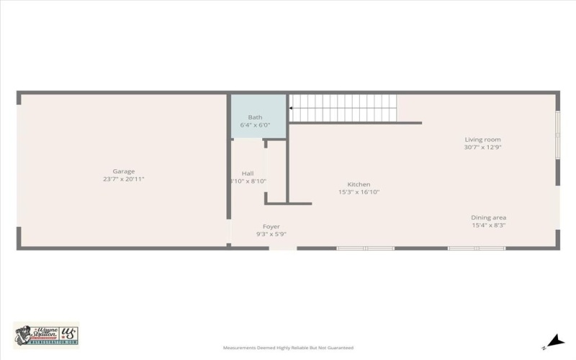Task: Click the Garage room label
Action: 123,171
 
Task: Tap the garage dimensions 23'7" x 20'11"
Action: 123,179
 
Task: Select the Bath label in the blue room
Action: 255,117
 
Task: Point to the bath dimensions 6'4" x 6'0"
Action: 255,125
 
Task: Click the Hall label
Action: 248,174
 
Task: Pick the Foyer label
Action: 271,227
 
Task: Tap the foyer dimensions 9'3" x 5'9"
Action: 271,235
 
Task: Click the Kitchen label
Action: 359,184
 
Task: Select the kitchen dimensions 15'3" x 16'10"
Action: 359,192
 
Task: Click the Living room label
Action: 482,140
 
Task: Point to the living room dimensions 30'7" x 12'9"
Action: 482,148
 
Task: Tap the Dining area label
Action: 488,217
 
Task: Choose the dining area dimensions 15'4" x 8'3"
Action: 488,225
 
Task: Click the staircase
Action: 344,109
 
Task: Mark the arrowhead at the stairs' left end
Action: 292,109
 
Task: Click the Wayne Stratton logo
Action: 46,335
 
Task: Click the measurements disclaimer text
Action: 288,347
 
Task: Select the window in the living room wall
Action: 557,135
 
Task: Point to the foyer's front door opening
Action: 283,248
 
